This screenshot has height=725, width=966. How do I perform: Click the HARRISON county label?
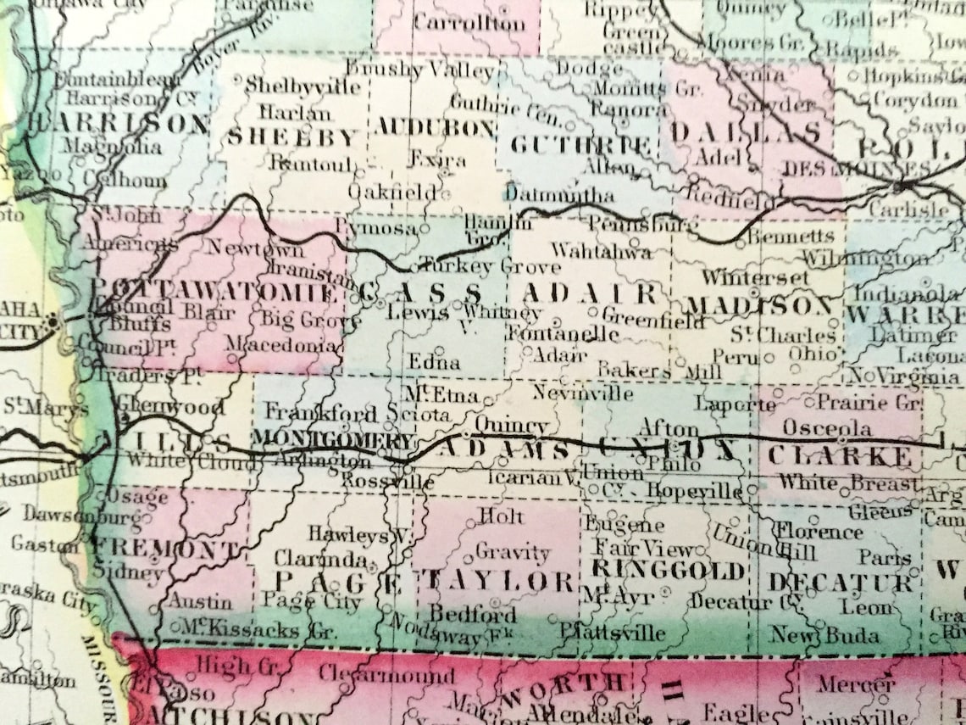[119, 124]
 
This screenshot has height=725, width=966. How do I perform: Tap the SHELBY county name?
[292, 137]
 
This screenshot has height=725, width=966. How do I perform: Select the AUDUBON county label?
[435, 128]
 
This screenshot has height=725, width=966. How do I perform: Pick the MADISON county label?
[759, 305]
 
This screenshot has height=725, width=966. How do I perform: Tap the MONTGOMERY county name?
[333, 439]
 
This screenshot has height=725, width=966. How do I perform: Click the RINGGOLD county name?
[669, 569]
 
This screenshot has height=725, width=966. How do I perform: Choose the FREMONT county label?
[165, 549]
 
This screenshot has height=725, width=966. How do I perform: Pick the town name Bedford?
[473, 612]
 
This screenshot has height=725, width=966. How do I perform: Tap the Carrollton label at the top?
[469, 23]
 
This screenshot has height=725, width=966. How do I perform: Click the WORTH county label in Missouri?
[564, 683]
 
